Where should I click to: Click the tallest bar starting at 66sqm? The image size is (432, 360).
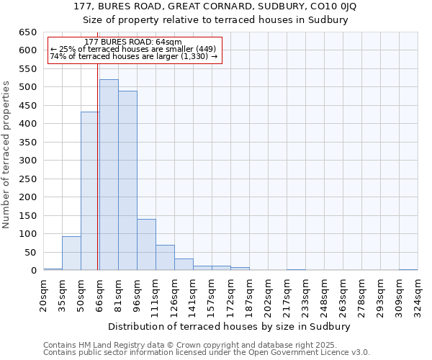coord(109,175)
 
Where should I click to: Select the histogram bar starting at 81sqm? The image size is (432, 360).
coord(127,181)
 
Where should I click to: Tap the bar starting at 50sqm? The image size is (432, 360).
coord(90,191)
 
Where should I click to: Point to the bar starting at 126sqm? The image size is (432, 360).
coord(184,264)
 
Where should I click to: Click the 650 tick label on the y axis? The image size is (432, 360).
coord(27,32)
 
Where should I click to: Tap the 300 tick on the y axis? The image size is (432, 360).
coord(27,161)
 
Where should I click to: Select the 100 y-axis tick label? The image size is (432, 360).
coord(27,234)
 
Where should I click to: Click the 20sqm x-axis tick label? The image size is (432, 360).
coord(44,294)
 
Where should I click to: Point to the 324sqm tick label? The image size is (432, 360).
coord(418,294)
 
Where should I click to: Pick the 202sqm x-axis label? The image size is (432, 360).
coord(268,294)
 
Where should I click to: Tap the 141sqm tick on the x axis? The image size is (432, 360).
coord(194,294)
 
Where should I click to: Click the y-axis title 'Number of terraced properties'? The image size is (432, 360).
coord(7,154)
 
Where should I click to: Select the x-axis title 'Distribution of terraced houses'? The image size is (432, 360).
coord(230,326)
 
